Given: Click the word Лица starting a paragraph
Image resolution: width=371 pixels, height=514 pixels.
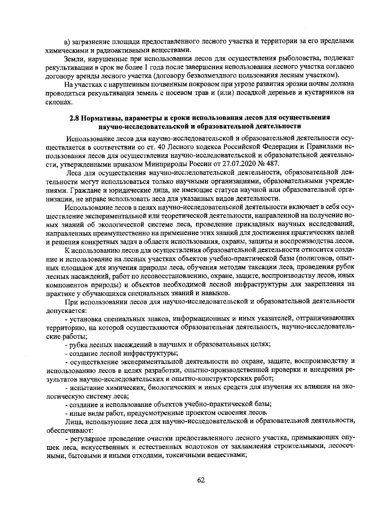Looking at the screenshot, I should click(73, 421).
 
